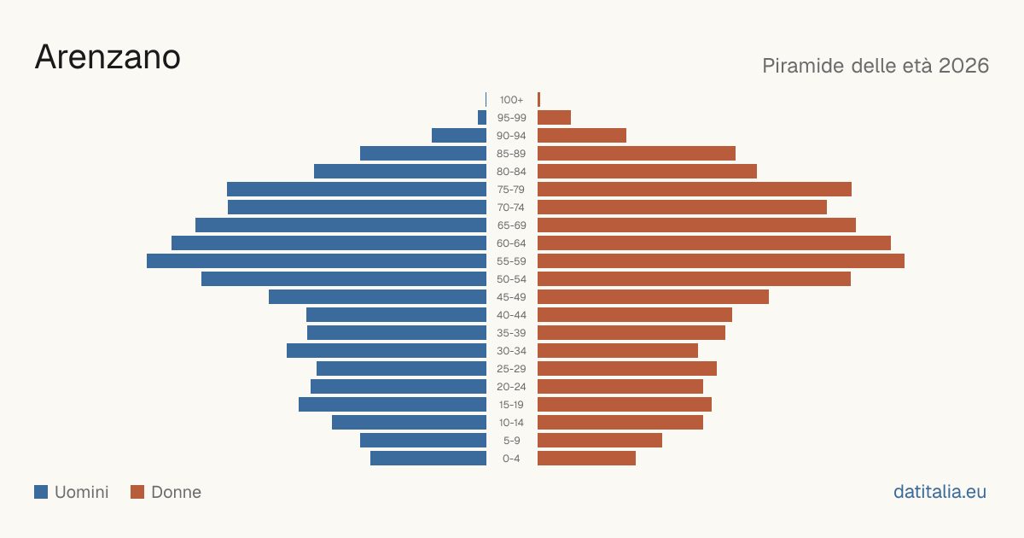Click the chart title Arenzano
point(108,57)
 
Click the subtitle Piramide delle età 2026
point(876,66)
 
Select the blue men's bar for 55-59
point(317,260)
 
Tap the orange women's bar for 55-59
point(721,260)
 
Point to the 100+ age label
point(511,100)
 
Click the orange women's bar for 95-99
point(554,118)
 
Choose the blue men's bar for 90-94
point(459,136)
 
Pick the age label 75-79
point(511,190)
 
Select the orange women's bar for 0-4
point(586,459)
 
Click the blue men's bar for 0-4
point(428,459)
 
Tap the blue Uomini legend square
point(41,492)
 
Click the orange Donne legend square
point(137,492)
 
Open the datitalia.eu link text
point(940,492)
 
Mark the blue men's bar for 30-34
point(387,350)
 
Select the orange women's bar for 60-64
point(714,243)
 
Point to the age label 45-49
point(511,297)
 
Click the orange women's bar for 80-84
point(648,171)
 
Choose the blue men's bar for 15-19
point(393,405)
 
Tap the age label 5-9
point(511,441)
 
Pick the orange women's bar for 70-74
point(682,208)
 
